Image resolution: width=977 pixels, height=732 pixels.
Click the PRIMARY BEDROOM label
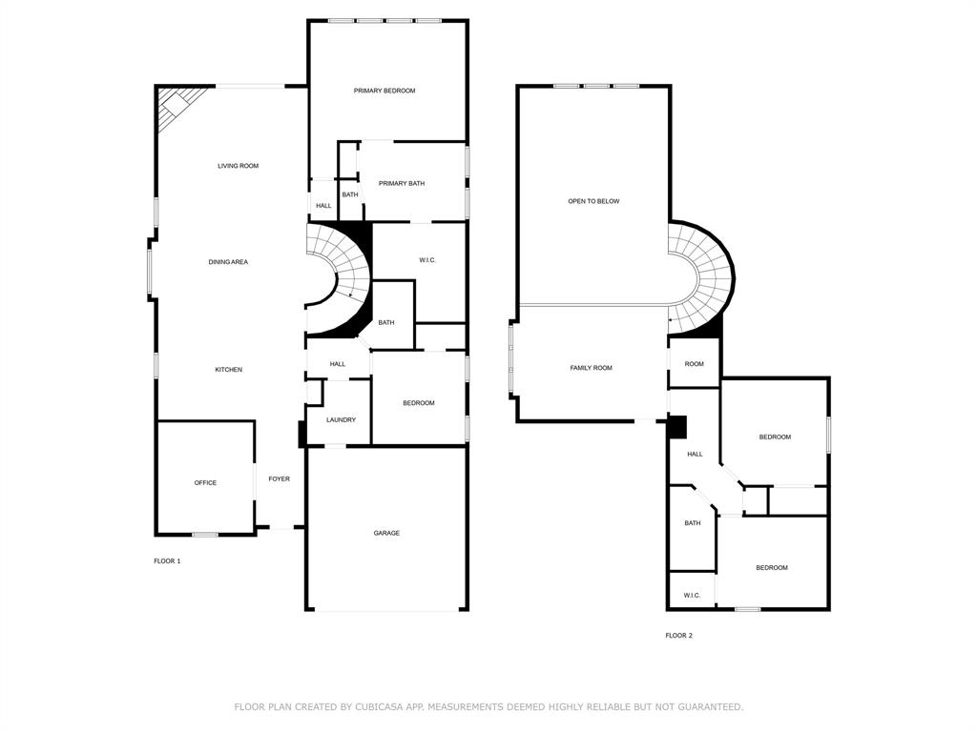point(385,91)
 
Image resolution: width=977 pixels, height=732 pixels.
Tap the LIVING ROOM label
point(238,166)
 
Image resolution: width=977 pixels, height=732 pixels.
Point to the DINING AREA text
point(228,261)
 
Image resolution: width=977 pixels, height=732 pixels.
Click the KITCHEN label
point(228,370)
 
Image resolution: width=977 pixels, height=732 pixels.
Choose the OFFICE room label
point(205,483)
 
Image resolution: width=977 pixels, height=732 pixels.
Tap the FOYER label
point(279,479)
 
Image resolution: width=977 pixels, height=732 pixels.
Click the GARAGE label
point(386,533)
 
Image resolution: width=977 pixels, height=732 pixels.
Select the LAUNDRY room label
point(341,420)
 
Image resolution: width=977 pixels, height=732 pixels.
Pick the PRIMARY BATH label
point(402,183)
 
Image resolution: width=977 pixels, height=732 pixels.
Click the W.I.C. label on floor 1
point(427,260)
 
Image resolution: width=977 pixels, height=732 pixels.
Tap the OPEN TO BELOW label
point(593,201)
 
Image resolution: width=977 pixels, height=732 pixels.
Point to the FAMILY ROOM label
point(591,368)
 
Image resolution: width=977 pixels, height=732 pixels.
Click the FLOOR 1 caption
point(167,561)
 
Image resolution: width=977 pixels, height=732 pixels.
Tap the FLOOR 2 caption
point(678,636)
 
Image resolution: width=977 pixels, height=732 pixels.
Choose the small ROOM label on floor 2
point(694,364)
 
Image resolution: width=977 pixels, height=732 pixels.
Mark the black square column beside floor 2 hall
point(676,427)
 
